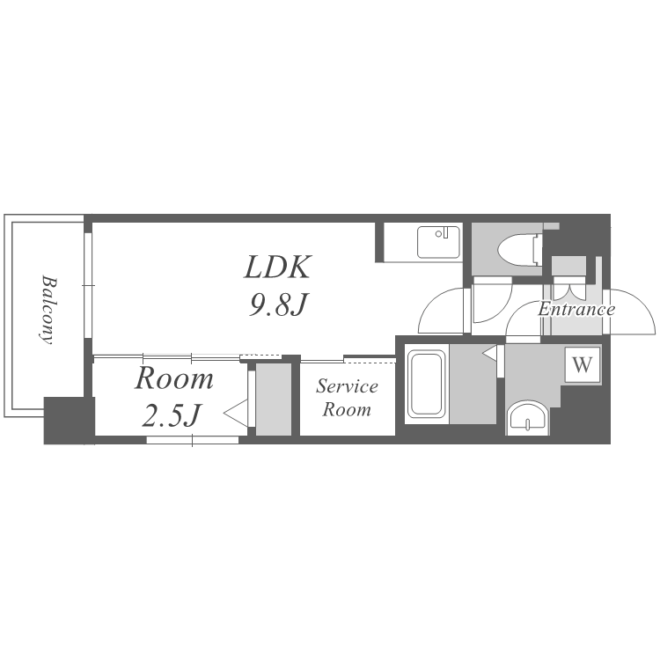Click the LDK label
click(x=278, y=267)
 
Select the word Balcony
click(x=48, y=310)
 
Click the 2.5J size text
click(x=171, y=414)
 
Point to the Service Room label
click(x=347, y=398)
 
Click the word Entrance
click(x=576, y=310)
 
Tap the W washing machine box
click(x=583, y=364)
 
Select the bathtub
click(x=427, y=384)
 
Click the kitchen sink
click(x=438, y=242)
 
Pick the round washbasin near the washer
click(x=527, y=418)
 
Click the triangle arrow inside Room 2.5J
click(x=236, y=414)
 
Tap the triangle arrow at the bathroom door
click(x=490, y=353)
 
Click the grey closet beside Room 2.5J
click(x=274, y=400)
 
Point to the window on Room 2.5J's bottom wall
click(x=193, y=440)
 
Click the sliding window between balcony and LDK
click(x=88, y=285)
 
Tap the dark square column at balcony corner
click(x=69, y=420)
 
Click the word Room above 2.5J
click(x=174, y=378)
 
